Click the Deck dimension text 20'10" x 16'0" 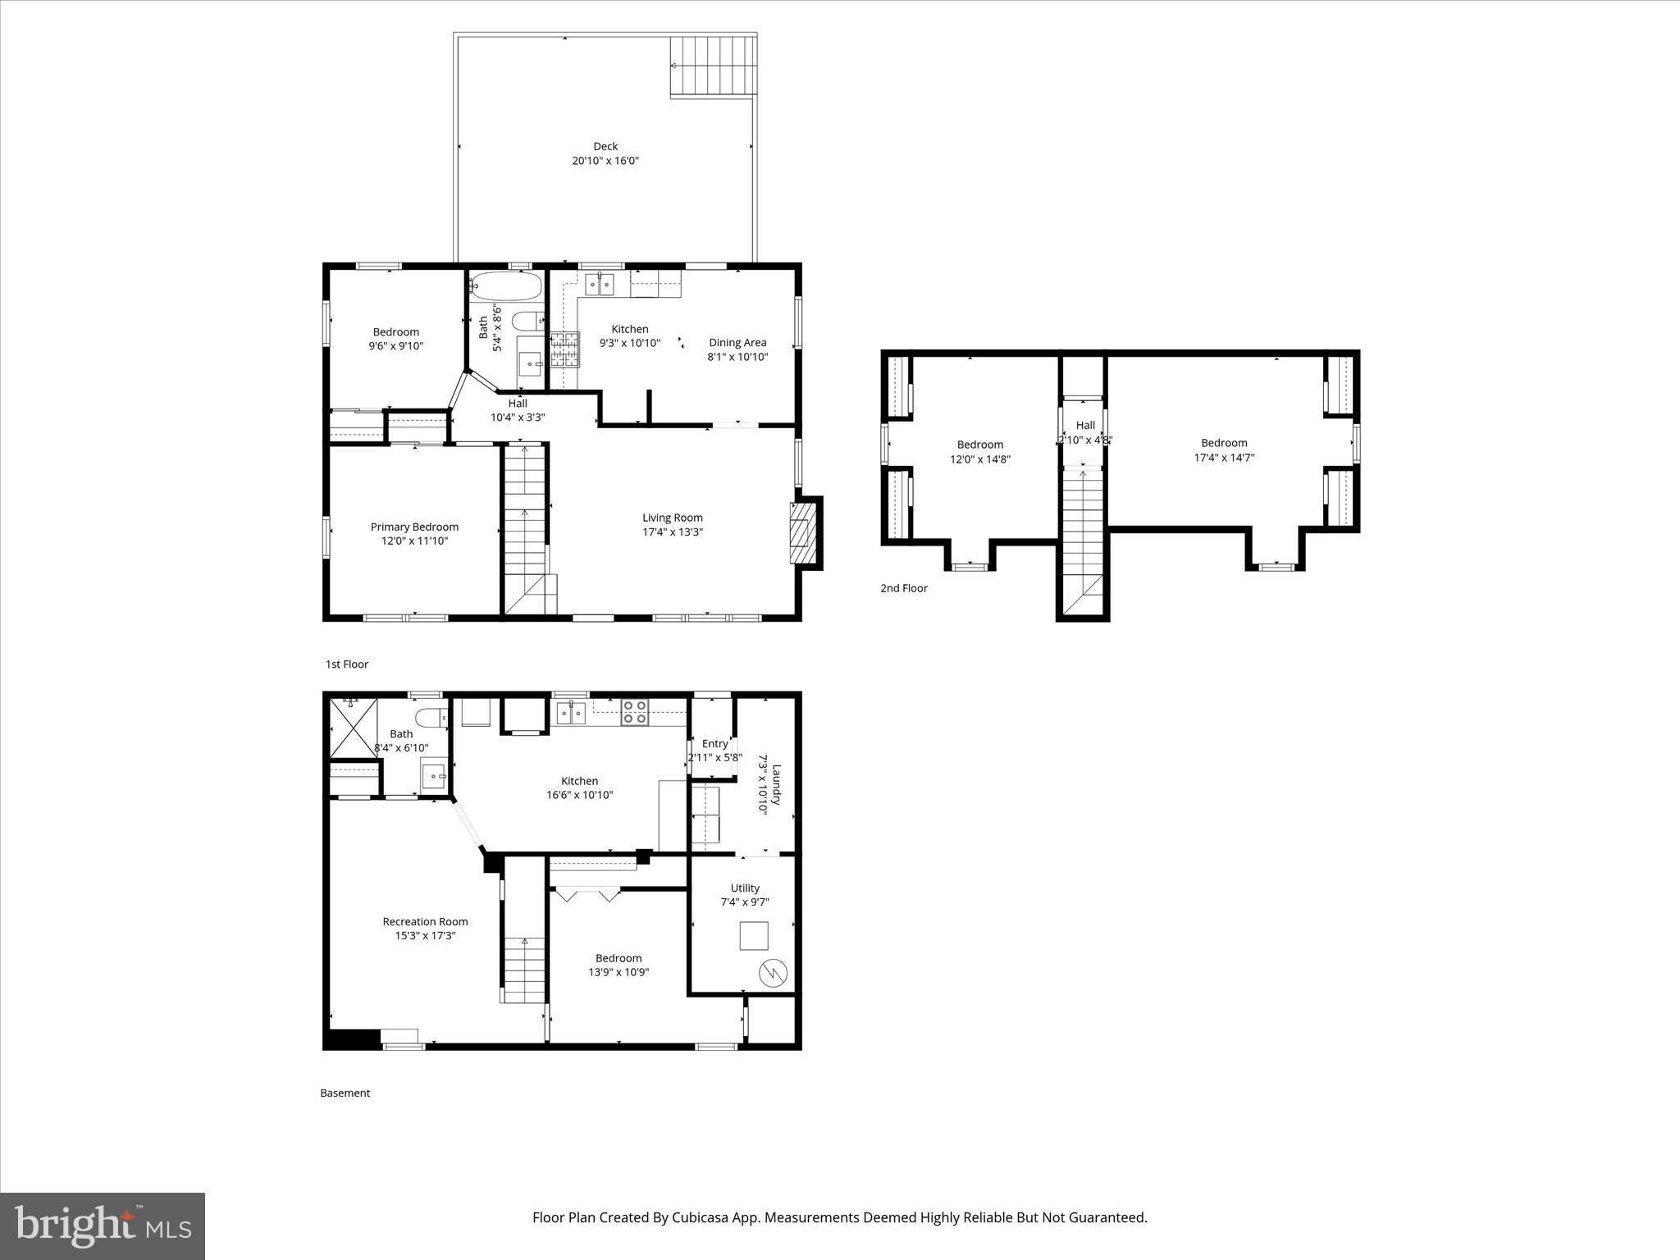pos(605,161)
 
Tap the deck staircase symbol pos(712,66)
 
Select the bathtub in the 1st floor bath pos(505,286)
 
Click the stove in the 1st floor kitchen pos(564,349)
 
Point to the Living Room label pos(672,518)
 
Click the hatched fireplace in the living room pos(804,533)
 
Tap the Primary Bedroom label pos(414,527)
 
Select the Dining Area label pos(737,343)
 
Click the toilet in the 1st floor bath pos(525,319)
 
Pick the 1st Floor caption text pos(347,664)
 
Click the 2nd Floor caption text pos(903,588)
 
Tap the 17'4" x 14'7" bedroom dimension pos(1224,458)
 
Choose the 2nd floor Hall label pos(1085,425)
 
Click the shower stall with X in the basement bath pos(351,727)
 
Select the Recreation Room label pos(425,922)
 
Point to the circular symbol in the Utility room pos(774,974)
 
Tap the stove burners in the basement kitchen pos(633,711)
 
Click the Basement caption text pos(345,1093)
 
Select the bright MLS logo pos(103,1227)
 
